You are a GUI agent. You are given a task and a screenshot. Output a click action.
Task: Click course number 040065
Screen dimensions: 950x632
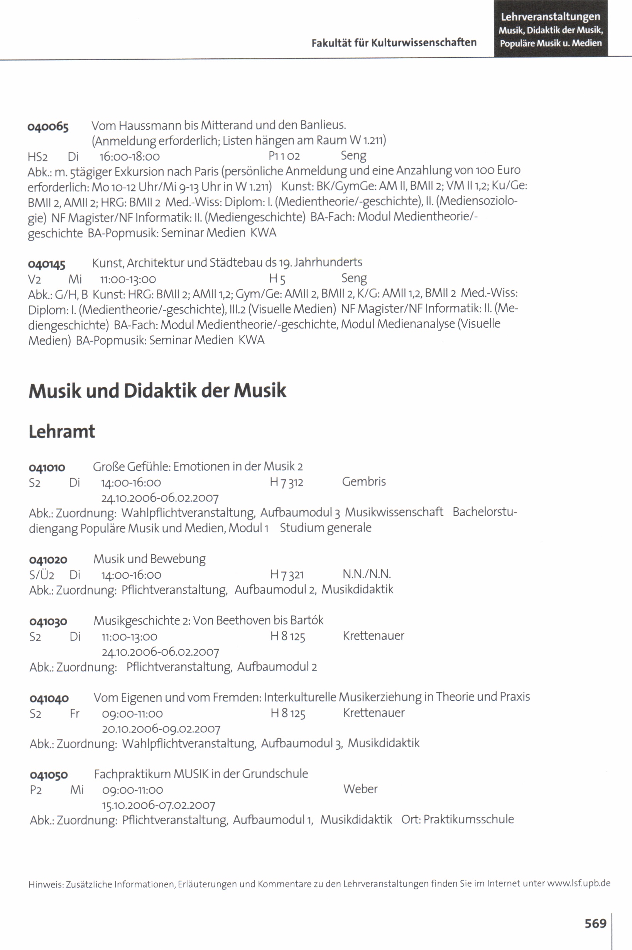pos(48,127)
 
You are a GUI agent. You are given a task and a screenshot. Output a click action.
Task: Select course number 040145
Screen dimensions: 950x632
pos(47,264)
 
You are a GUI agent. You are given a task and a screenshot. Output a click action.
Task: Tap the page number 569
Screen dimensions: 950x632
pos(595,923)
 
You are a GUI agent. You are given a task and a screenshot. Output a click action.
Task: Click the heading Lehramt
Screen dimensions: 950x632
pos(62,432)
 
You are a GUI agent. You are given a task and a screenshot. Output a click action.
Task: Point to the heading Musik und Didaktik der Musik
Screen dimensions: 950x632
pos(157,391)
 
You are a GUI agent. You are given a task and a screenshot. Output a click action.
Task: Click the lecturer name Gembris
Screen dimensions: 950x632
pos(363,481)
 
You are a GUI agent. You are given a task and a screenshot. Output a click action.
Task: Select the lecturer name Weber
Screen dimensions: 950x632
pos(360,789)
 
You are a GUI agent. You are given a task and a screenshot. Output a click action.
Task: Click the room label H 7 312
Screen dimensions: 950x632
pos(286,482)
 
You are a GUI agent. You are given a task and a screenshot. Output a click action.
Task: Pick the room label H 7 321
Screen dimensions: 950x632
pos(287,575)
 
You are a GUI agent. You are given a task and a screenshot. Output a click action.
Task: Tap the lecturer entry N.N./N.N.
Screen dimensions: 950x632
pos(367,574)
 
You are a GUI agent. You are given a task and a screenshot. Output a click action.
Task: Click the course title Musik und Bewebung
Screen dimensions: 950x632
pos(149,559)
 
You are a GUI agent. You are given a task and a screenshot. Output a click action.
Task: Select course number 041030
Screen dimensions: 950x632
pos(48,622)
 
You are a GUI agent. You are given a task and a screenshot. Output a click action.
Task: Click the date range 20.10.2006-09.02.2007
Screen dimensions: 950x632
pos(161,729)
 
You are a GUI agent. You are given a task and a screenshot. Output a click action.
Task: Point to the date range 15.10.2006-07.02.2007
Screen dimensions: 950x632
pos(159,805)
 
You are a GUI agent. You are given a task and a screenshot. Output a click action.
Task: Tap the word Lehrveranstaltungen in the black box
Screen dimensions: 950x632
pos(550,17)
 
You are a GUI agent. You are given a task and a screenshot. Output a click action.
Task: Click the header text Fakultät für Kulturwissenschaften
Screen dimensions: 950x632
pos(394,43)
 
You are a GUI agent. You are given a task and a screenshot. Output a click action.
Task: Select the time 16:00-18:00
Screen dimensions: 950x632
pos(129,156)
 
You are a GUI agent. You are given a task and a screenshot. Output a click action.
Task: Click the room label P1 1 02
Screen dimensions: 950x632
pos(284,156)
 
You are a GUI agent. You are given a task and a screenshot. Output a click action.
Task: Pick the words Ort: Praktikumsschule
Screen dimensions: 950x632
pos(458,820)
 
